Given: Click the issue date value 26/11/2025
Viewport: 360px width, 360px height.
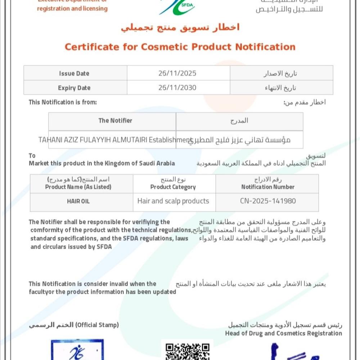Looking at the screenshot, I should point(177,73).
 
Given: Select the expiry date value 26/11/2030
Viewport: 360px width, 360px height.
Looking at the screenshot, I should point(177,88).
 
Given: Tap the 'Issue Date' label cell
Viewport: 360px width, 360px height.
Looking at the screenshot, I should point(74,73).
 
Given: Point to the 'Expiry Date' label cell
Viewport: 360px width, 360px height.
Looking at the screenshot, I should point(74,88).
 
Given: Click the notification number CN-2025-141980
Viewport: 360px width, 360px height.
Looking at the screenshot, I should point(268,201).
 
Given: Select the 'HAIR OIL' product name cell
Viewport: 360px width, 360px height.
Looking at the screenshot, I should point(78,201).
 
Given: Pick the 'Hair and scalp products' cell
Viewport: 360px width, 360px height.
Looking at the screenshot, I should point(173,201).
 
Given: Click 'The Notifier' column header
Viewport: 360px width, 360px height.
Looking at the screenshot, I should point(115,121).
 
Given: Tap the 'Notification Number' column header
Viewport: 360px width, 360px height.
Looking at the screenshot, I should point(268,187).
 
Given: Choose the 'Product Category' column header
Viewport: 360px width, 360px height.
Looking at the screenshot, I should point(173,187).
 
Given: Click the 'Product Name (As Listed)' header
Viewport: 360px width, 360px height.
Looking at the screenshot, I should point(78,187).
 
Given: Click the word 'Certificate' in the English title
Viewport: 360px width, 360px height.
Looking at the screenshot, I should point(91,47).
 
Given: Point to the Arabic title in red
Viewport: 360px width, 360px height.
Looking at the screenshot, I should point(180,27).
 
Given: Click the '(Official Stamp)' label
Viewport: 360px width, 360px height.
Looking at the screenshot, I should point(96,325).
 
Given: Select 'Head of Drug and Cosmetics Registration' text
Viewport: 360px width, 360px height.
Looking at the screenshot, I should point(283,333).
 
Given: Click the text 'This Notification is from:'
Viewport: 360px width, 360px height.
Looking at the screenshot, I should point(63,102).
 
